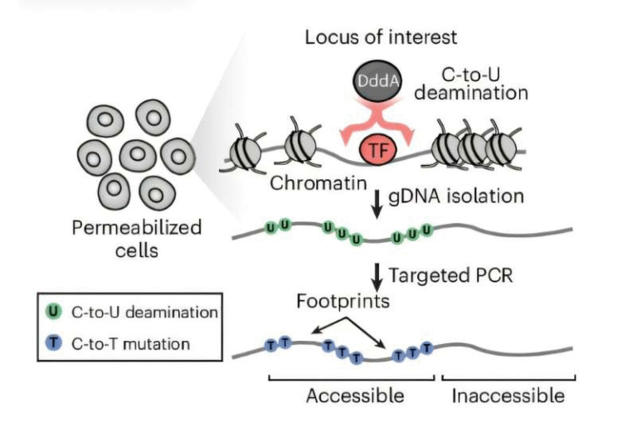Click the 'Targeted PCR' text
453,274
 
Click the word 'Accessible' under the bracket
355,395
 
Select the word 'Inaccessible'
508,395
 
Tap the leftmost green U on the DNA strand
270,226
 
